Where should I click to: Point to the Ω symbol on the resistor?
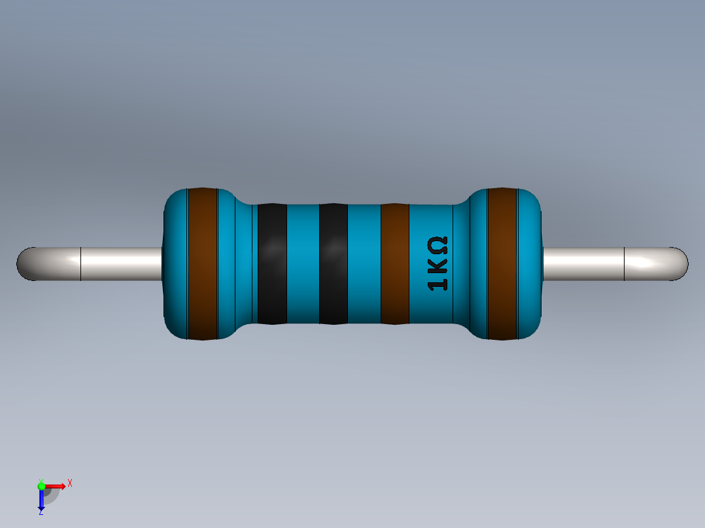(x=438, y=246)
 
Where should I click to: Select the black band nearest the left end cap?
(x=272, y=264)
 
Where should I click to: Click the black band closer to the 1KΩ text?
(x=333, y=264)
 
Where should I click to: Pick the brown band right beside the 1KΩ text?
(x=394, y=264)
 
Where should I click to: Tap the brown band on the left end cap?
(x=202, y=264)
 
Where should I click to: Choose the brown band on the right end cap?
(x=502, y=264)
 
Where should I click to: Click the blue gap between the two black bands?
(x=303, y=264)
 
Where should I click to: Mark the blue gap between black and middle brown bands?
(x=364, y=264)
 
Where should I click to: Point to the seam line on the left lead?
(x=80, y=264)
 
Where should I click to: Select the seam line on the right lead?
(x=625, y=264)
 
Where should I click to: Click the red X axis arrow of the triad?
(x=58, y=486)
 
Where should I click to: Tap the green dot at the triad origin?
(x=41, y=485)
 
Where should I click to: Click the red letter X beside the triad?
(x=70, y=483)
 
